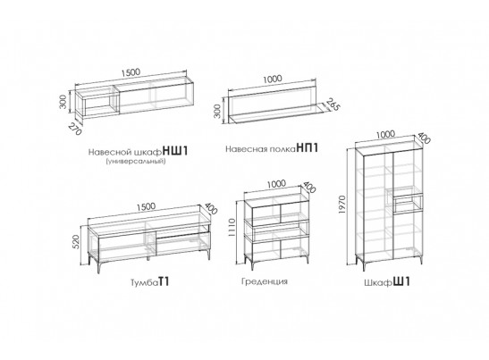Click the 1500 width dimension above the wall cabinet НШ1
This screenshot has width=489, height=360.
(x=131, y=72)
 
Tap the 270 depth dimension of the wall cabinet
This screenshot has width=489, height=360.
(x=75, y=129)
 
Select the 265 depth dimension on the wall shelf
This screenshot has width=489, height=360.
(x=333, y=105)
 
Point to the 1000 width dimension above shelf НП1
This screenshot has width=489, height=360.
(x=273, y=79)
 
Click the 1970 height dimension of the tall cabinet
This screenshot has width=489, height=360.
(x=342, y=205)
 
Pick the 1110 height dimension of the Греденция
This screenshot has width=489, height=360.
(x=232, y=227)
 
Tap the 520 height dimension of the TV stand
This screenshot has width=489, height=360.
(x=76, y=241)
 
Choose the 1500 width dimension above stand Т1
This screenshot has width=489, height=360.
(x=146, y=207)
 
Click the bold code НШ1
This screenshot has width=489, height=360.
(x=176, y=152)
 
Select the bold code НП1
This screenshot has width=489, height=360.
(x=308, y=147)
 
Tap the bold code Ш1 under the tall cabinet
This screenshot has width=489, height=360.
(x=401, y=281)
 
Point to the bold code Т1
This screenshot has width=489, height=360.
(x=164, y=281)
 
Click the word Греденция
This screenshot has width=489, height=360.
(x=265, y=281)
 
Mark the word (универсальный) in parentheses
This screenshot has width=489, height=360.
(x=136, y=162)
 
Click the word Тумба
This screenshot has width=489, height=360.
(x=144, y=282)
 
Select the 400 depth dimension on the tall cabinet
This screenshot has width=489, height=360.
(x=424, y=138)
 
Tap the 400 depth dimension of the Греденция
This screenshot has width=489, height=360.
(x=309, y=187)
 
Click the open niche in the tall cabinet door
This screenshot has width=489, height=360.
(x=408, y=205)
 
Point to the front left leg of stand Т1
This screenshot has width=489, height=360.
(x=99, y=266)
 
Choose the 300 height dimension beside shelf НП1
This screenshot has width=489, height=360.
(x=217, y=111)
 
